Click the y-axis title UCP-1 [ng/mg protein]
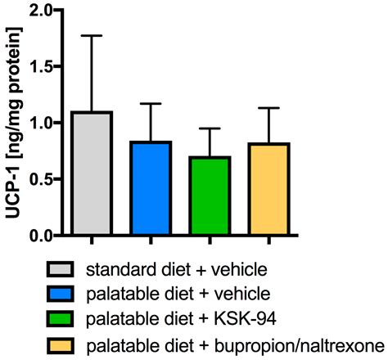tap(16, 123)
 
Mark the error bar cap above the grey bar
tap(92, 36)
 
